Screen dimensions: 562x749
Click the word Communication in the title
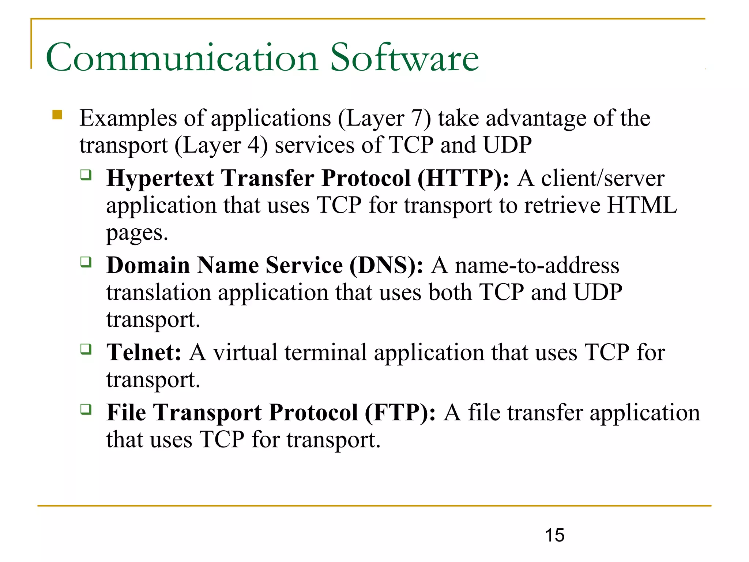[182, 58]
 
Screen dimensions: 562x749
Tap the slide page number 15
[554, 535]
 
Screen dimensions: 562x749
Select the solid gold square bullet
[57, 115]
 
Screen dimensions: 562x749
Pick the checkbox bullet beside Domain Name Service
[86, 262]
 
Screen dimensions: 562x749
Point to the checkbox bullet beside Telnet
[86, 349]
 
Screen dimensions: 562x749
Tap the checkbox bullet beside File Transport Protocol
[86, 409]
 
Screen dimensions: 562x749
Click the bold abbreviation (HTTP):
[463, 179]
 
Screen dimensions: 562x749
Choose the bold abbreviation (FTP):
[400, 413]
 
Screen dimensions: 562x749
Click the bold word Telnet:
[144, 352]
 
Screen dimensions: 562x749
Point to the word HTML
[642, 205]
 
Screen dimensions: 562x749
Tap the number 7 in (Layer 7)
[417, 119]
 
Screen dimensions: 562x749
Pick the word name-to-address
[537, 266]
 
